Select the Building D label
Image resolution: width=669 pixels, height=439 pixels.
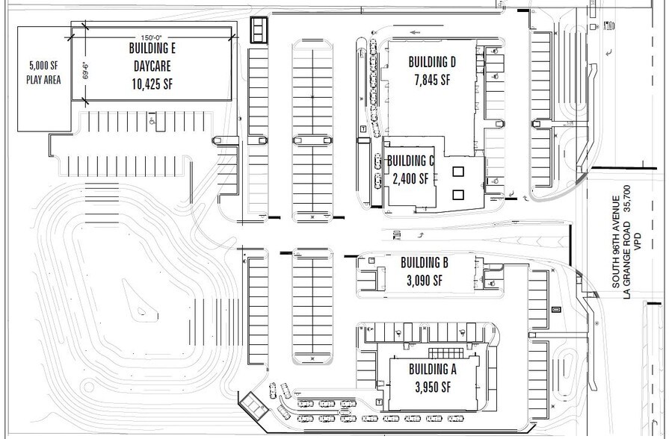click(431, 62)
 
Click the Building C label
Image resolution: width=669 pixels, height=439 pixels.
click(410, 161)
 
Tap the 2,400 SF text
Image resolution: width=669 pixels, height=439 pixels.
click(411, 178)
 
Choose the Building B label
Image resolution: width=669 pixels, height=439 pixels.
click(424, 263)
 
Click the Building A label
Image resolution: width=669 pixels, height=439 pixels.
click(432, 369)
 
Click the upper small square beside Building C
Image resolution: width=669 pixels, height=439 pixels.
click(457, 171)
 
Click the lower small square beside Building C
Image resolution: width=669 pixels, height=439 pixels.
click(457, 194)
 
